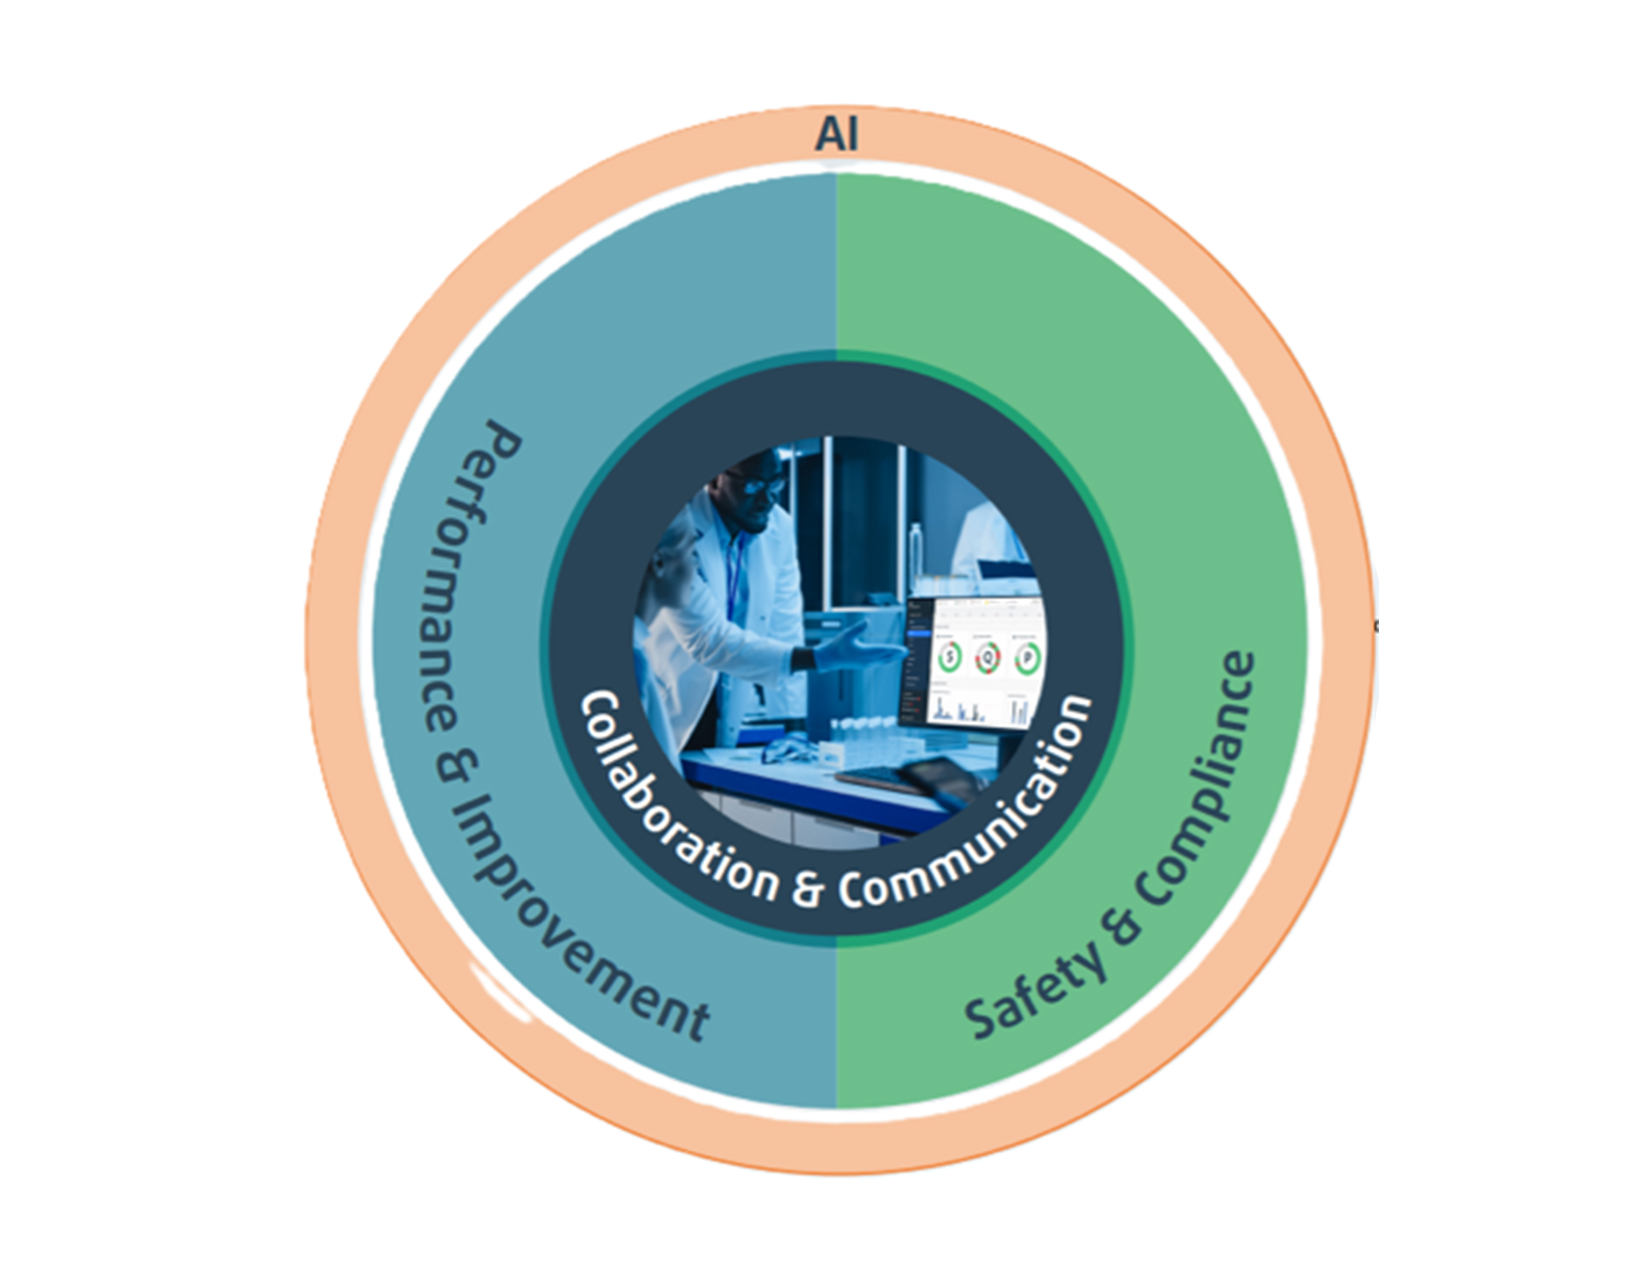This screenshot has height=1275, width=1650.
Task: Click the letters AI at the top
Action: pos(837,134)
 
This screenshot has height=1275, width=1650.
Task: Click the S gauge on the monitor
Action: pos(950,656)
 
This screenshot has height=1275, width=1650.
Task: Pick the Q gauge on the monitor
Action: pos(989,657)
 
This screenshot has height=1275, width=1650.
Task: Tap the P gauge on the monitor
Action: pos(1026,657)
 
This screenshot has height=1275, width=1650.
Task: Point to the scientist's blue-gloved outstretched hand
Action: pos(860,650)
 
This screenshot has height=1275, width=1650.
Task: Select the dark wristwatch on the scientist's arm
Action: pos(804,660)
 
